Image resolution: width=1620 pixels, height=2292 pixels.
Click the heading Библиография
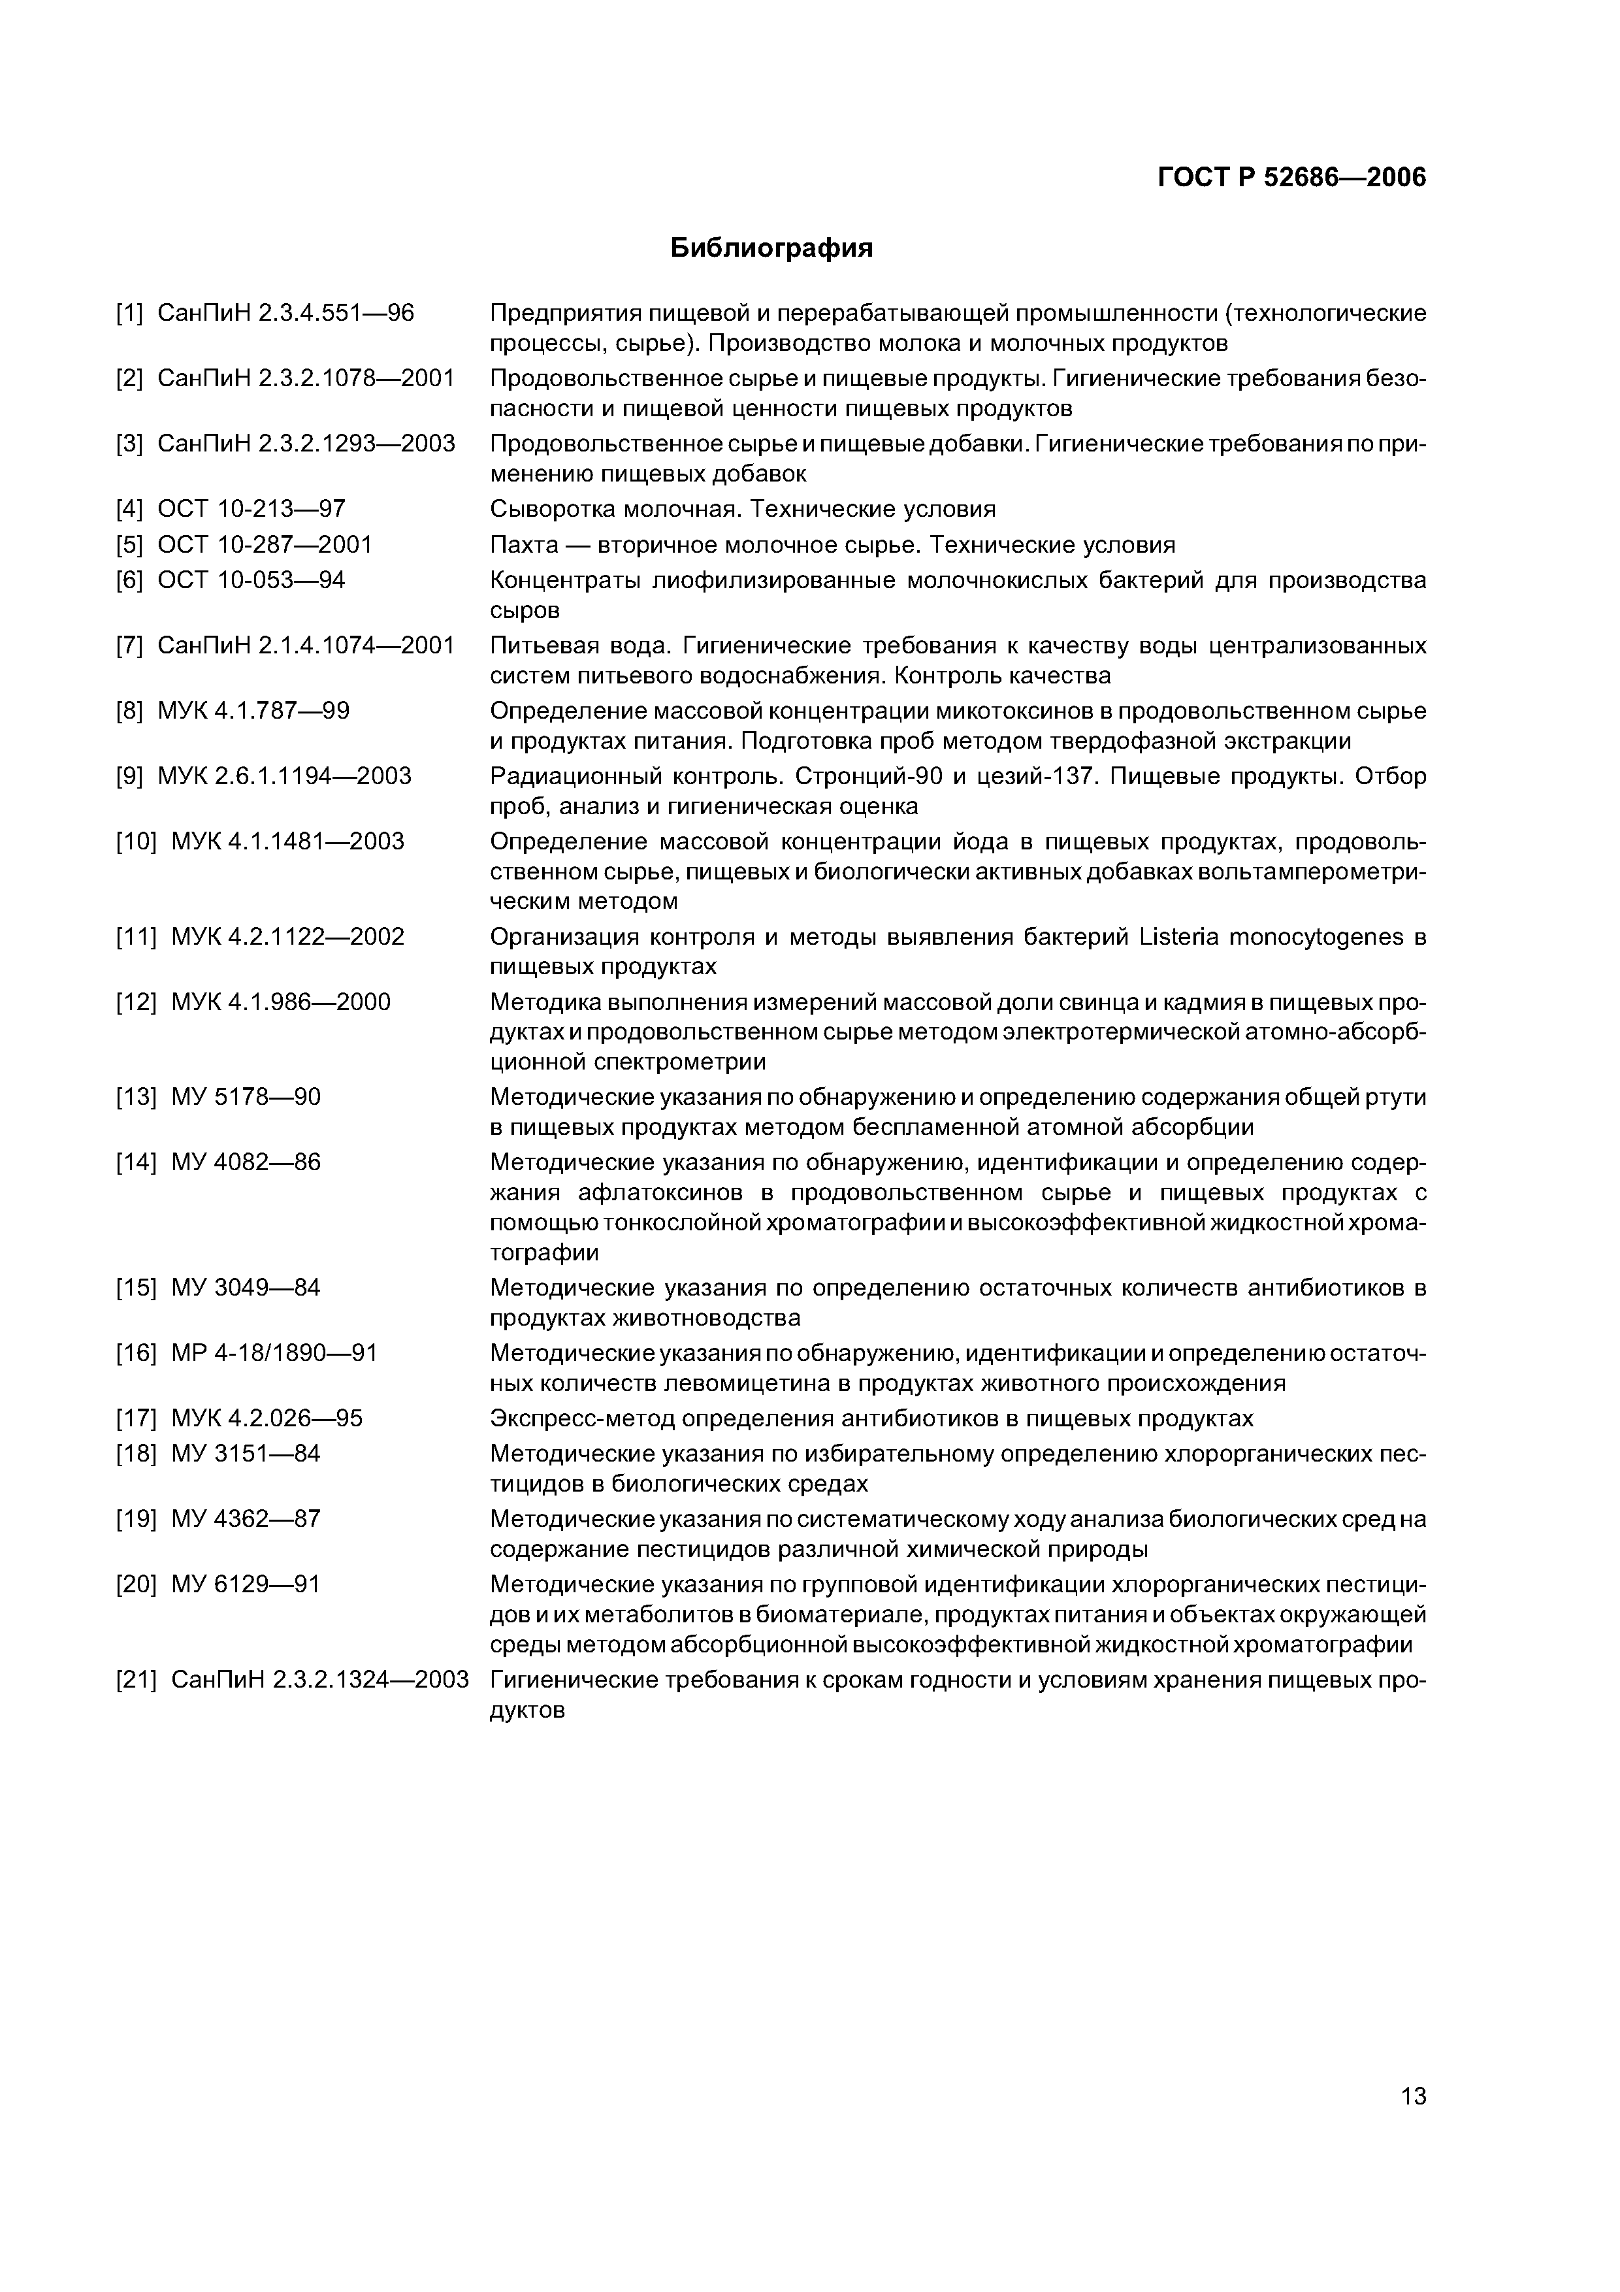[771, 248]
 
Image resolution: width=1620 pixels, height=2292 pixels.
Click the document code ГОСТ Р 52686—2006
[1291, 178]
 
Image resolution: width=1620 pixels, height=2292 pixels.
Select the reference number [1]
[130, 314]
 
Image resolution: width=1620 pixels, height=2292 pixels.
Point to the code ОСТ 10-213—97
[251, 509]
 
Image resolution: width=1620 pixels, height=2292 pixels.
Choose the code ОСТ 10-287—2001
[265, 544]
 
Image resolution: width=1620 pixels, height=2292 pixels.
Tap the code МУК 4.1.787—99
[253, 711]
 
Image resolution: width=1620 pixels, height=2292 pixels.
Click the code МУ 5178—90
[246, 1097]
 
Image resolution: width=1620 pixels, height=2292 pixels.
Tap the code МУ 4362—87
[246, 1518]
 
